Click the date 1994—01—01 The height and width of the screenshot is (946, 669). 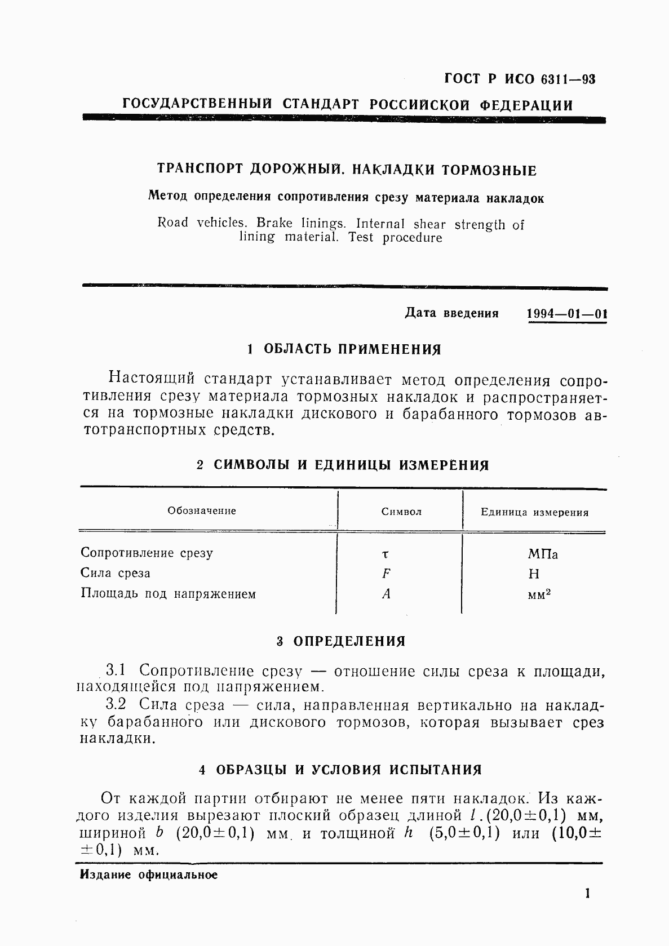point(566,314)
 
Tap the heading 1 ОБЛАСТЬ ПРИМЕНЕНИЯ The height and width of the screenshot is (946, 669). point(344,349)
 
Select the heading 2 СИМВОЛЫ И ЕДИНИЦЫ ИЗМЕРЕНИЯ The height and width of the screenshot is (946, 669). point(343,465)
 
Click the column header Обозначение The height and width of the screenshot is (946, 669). point(202,511)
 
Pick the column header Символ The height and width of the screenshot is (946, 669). point(401,512)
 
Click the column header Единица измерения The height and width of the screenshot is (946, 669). point(534,513)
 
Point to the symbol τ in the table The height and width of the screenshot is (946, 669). point(386,554)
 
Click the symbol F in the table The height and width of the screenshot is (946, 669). point(386,574)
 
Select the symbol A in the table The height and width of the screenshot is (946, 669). point(386,594)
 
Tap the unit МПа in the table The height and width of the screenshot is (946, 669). point(543,554)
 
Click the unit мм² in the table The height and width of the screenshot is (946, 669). point(539,594)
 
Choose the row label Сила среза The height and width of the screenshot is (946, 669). point(116,574)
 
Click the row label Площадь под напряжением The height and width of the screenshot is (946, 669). point(168,594)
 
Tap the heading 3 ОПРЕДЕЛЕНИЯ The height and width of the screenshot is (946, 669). point(341,642)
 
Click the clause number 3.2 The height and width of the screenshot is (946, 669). point(116,704)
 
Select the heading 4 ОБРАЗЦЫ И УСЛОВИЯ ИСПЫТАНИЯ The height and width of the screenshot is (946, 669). point(341,770)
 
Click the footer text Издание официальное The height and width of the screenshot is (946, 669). point(149,875)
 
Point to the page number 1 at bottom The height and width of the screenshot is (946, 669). point(588,894)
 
